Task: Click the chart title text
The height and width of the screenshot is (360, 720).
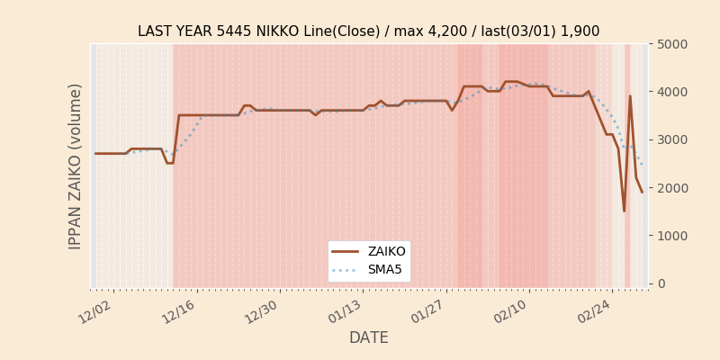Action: point(368,31)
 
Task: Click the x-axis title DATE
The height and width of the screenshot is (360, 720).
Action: point(368,337)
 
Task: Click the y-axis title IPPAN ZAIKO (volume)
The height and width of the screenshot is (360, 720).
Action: point(76,166)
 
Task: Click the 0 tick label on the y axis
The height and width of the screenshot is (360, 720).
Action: point(661,283)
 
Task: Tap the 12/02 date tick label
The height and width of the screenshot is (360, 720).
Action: point(95,311)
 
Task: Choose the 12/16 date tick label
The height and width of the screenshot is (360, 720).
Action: point(178,311)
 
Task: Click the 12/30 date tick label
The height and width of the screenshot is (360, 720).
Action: point(261,311)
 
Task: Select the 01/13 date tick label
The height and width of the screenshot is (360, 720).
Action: point(345,311)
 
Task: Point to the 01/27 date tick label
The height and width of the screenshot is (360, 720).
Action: point(427,311)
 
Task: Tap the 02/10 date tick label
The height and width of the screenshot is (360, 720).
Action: point(510,311)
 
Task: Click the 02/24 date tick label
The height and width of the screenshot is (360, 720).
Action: point(594,311)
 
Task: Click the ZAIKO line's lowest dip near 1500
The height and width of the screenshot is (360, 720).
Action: point(624,211)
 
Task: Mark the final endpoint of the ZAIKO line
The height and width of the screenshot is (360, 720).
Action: point(642,192)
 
